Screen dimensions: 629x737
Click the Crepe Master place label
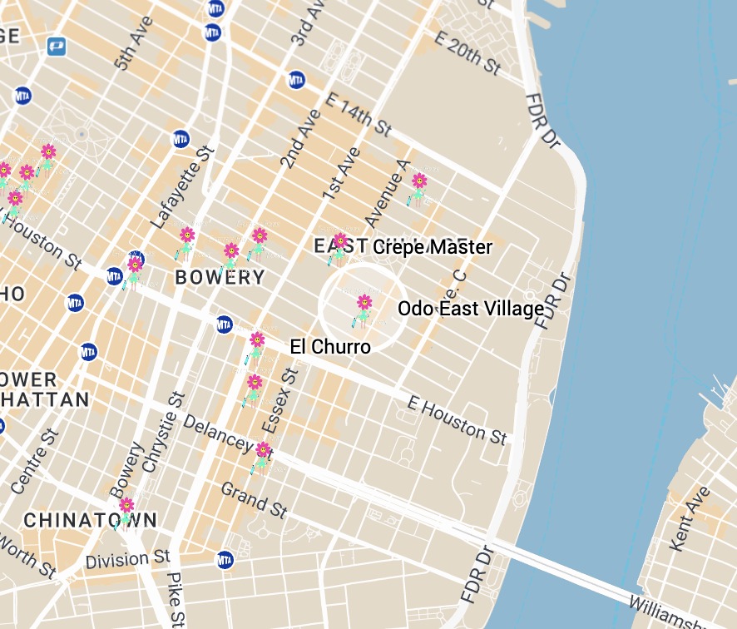coord(432,247)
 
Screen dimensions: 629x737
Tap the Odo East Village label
coord(471,309)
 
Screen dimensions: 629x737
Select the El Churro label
coord(330,347)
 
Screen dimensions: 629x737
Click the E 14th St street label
coord(359,114)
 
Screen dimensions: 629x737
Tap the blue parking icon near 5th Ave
coord(57,47)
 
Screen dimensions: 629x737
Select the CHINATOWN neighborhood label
coord(90,521)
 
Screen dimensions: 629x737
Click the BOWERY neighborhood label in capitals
coord(220,278)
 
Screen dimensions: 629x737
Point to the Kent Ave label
coord(690,518)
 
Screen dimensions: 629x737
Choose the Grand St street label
coord(255,499)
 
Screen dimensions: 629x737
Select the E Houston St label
coord(458,420)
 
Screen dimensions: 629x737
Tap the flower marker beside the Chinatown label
coord(126,508)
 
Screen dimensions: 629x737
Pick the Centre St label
coord(32,461)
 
